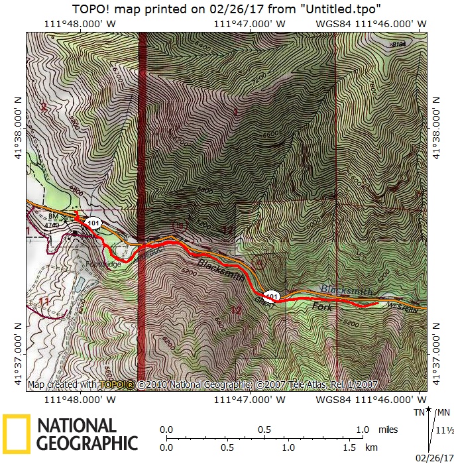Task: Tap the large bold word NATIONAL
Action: [x=76, y=426]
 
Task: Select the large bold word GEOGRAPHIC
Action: [x=87, y=443]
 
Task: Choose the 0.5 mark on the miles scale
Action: [x=264, y=430]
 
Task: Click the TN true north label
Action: [x=419, y=413]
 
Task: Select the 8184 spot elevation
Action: [x=398, y=44]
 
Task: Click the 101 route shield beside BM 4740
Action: [x=93, y=223]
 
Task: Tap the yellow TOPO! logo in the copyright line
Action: [x=117, y=384]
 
